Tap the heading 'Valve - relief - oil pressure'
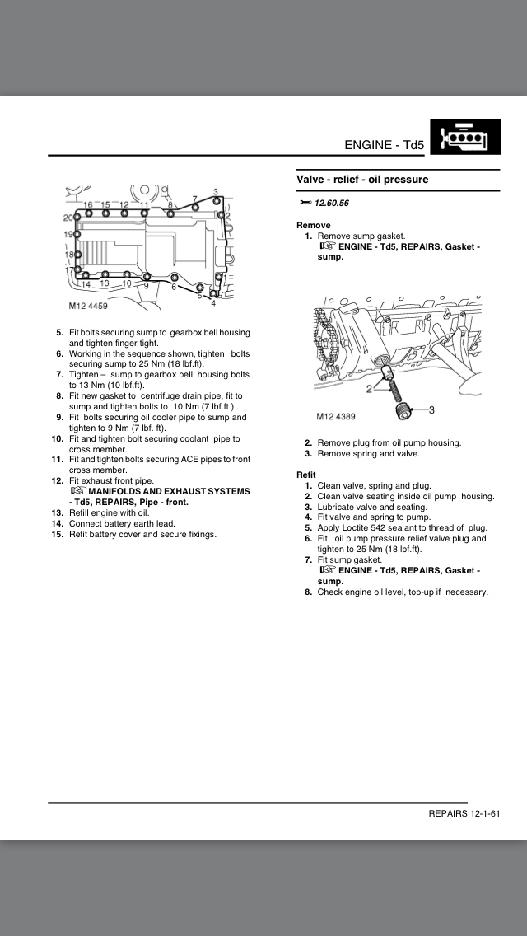coord(362,180)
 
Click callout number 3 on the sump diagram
coord(215,192)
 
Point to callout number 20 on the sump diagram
coord(68,218)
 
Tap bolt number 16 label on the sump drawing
coord(88,204)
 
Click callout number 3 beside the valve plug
coord(431,409)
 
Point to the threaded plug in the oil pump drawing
coord(401,408)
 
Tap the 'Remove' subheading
coord(313,225)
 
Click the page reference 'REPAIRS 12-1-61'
coord(464,813)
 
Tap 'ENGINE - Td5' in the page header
coord(384,145)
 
